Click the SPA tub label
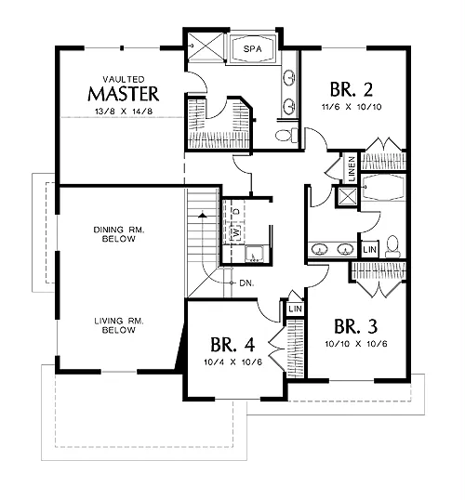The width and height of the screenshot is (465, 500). tap(252, 48)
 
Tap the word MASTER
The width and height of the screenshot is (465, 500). tap(123, 94)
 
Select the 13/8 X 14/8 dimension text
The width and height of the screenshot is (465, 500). tap(124, 112)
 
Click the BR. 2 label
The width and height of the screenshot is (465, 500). tap(351, 89)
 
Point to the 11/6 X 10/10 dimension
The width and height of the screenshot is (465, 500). tap(352, 107)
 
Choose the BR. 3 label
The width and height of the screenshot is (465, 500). tap(355, 326)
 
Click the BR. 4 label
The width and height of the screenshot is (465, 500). tap(232, 345)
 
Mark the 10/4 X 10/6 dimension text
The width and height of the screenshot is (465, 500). tap(233, 362)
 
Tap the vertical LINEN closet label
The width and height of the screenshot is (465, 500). tap(352, 168)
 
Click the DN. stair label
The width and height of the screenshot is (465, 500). tap(246, 283)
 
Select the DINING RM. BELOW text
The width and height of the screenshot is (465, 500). tap(119, 234)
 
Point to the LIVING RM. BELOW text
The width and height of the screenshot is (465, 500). tap(119, 325)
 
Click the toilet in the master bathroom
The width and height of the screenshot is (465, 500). tap(286, 135)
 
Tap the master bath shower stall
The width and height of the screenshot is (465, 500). tap(206, 46)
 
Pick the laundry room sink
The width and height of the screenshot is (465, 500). tap(254, 254)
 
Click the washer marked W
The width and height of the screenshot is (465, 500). tap(236, 232)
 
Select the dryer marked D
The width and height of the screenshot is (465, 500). tap(236, 211)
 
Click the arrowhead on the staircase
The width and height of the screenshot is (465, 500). tap(202, 216)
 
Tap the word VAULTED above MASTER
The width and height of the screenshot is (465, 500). tap(124, 79)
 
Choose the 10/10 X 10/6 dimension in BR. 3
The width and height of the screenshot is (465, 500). tap(356, 344)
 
